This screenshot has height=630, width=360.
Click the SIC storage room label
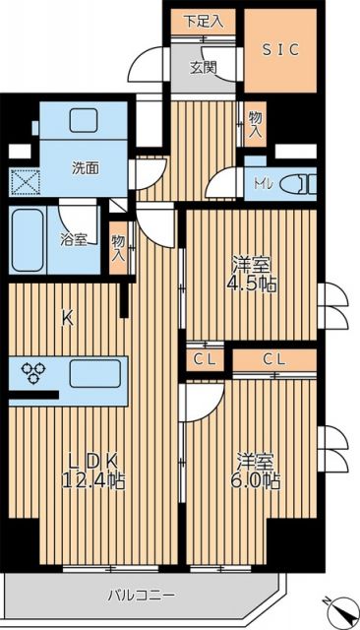[280, 48]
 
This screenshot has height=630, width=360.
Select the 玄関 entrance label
[203, 67]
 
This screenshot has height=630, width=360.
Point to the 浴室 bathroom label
[74, 239]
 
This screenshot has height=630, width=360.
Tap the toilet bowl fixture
[296, 183]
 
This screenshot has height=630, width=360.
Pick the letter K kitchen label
[68, 318]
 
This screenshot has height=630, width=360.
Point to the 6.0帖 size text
[258, 480]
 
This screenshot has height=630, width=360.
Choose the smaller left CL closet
[205, 358]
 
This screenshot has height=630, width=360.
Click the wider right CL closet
[274, 358]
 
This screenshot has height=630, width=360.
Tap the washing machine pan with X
[24, 184]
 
